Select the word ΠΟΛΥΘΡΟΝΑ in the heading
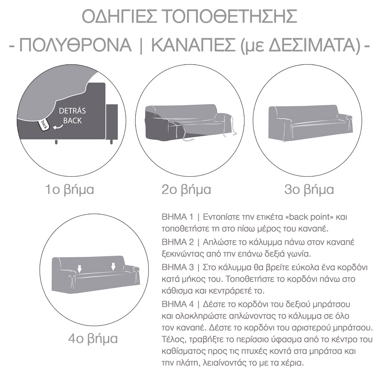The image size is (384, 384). tap(76, 45)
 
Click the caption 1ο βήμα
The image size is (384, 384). tap(70, 189)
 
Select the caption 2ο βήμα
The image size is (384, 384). tap(186, 189)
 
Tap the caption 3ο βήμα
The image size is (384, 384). tap(309, 189)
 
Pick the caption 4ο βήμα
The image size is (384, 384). tap(93, 339)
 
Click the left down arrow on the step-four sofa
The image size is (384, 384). tap(79, 268)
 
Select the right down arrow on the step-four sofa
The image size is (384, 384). tap(113, 267)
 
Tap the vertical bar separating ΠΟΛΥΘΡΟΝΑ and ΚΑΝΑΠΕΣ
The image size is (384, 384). tap(141, 45)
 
